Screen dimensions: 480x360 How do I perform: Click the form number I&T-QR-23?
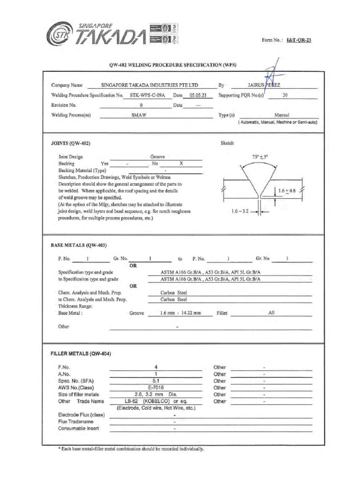pos(298,40)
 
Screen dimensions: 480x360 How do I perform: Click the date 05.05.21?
pos(197,95)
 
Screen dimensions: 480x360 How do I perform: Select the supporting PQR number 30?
pos(285,95)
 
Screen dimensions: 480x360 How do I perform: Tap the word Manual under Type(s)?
pos(282,115)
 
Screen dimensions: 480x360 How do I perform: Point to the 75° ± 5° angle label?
pos(260,158)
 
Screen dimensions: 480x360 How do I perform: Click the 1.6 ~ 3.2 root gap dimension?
pos(239,212)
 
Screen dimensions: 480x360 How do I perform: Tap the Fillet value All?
pos(271,312)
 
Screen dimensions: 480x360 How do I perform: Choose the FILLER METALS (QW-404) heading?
pos(81,354)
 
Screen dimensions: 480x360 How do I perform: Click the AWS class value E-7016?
pos(156,388)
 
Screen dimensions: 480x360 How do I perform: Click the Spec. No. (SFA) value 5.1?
pos(156,381)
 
